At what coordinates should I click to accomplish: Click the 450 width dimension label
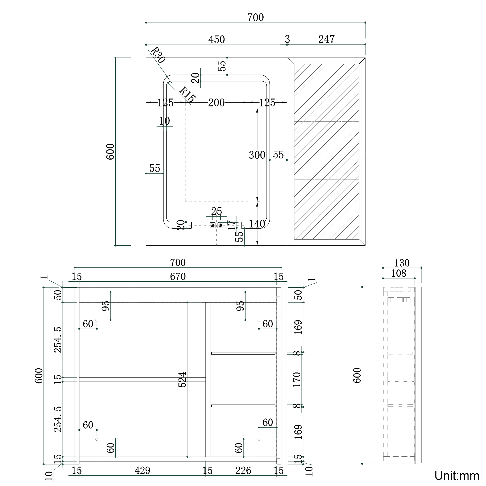point(216,40)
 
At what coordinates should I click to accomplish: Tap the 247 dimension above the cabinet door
point(326,39)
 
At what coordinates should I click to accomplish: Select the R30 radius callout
point(158,55)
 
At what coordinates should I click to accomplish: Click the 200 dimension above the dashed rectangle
point(216,103)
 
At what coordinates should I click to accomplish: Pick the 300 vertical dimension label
point(257,155)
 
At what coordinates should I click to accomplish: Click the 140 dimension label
point(257,224)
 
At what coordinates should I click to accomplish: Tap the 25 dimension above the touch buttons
point(216,211)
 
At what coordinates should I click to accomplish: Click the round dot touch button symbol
point(220,225)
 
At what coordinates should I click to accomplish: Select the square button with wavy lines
point(213,225)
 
